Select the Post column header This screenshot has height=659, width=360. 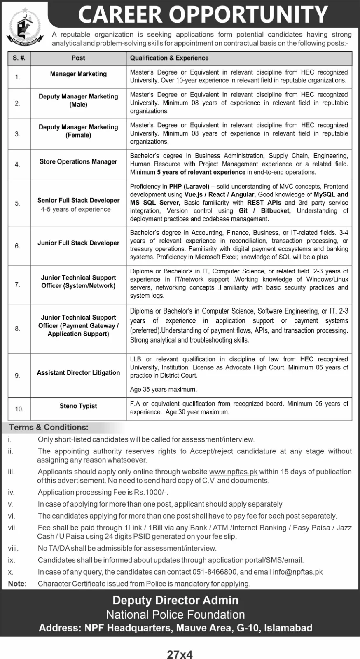click(78, 58)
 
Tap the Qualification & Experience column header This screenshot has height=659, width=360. click(169, 58)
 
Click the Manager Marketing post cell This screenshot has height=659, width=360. click(78, 74)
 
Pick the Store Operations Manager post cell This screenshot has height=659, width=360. click(78, 162)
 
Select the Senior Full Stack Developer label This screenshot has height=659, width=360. click(78, 201)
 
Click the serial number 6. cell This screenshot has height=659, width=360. click(17, 246)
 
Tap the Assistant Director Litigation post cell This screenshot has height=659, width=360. click(78, 373)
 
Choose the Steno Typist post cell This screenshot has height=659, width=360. click(78, 406)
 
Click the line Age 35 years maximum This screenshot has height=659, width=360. click(164, 389)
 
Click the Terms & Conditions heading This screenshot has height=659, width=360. click(49, 428)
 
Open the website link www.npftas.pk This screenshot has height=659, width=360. click(233, 472)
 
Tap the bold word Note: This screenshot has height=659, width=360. click(17, 584)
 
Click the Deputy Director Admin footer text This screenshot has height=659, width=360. click(176, 600)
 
